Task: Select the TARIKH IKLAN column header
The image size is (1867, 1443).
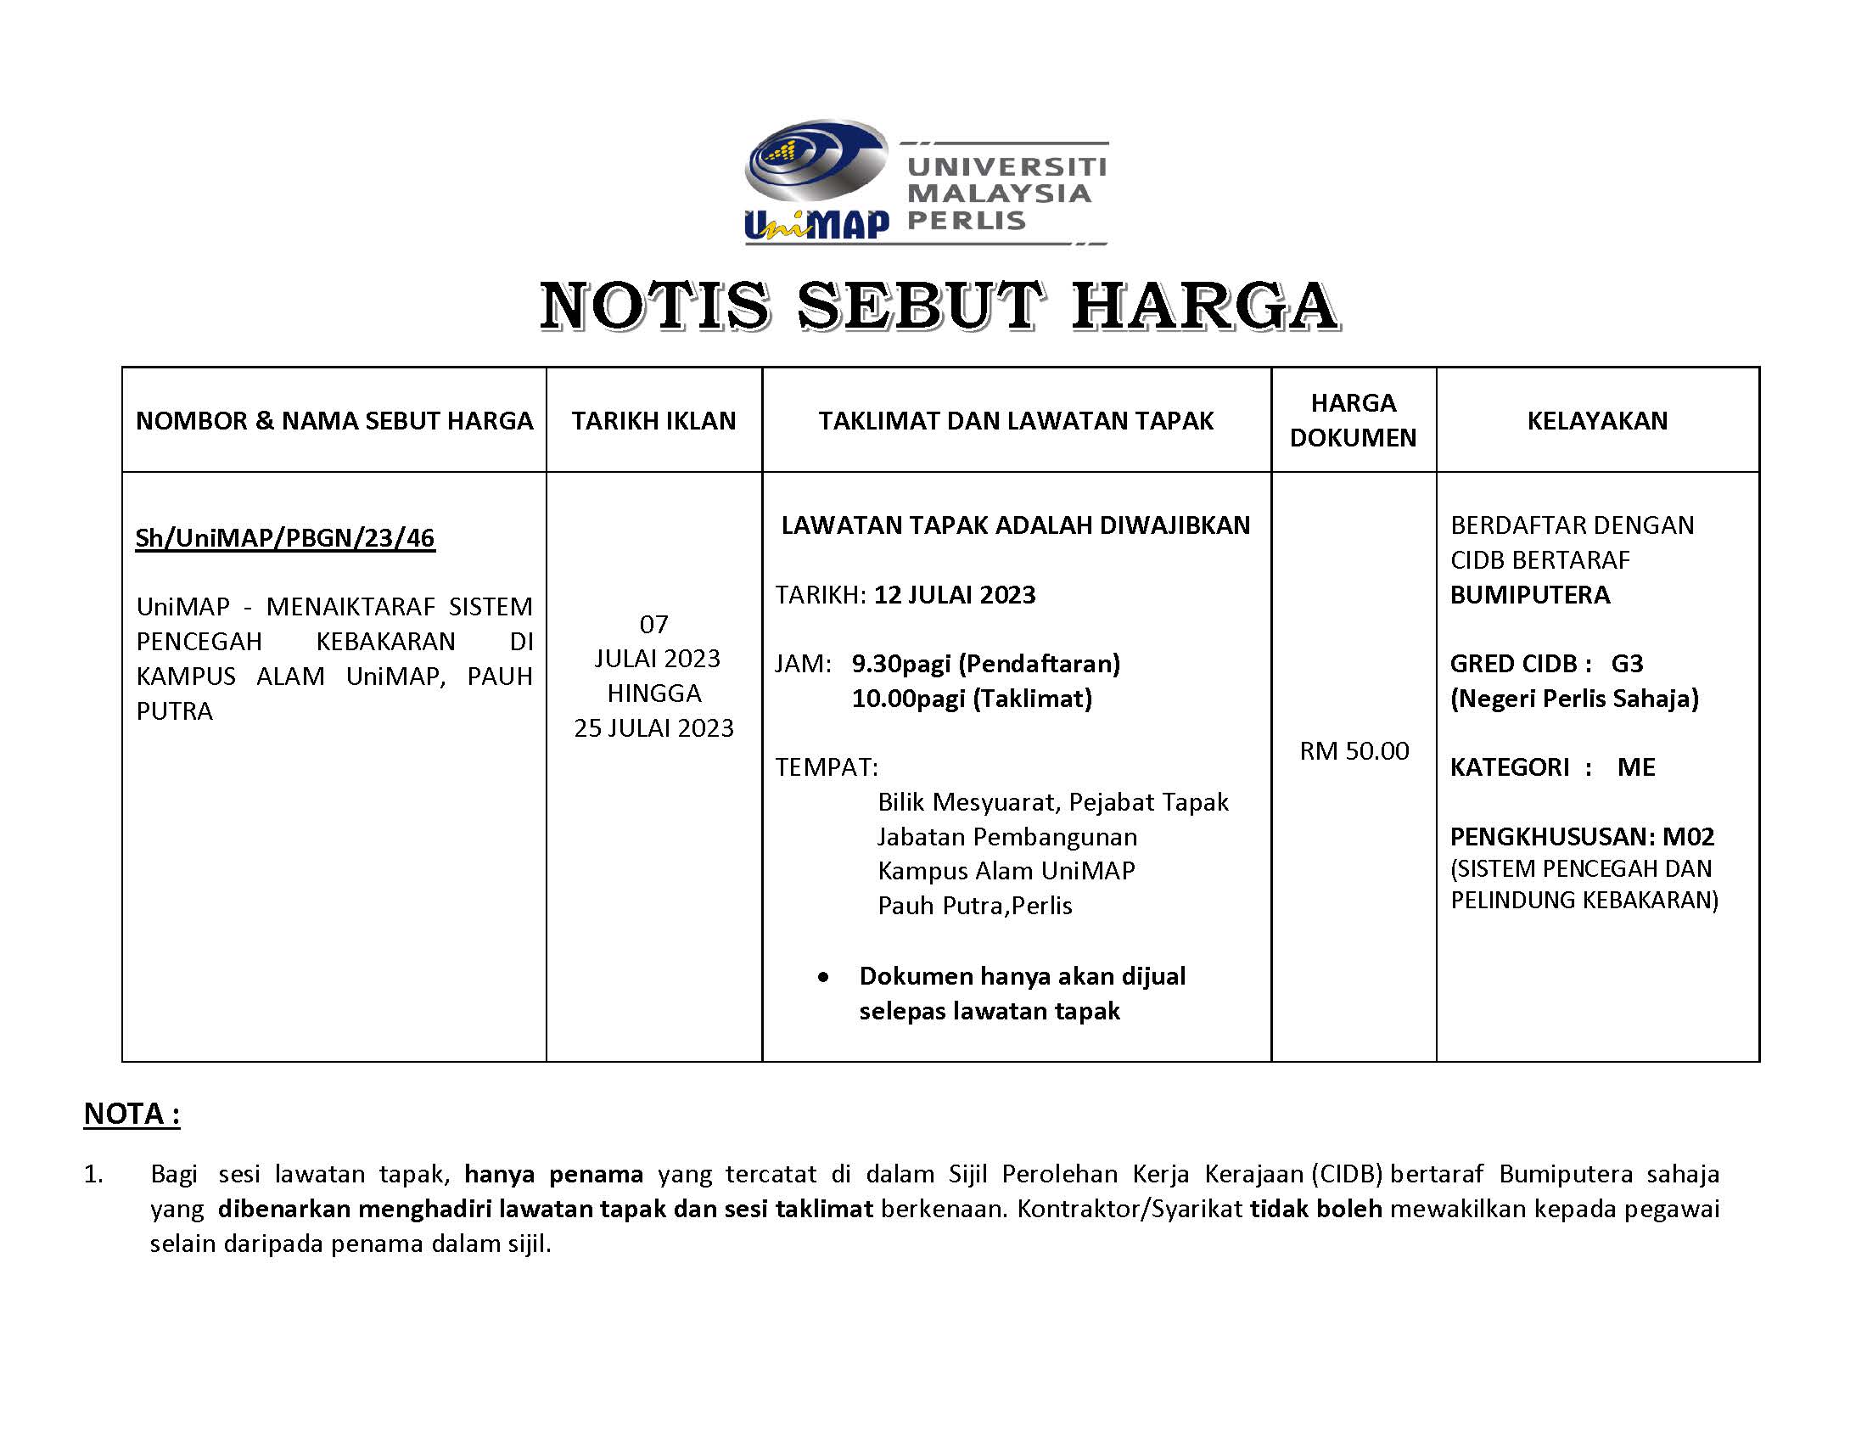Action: (x=653, y=420)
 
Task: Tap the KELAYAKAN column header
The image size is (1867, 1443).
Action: (x=1597, y=420)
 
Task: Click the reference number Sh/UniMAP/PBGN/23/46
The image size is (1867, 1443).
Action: (x=284, y=537)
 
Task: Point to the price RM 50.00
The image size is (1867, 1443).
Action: (x=1354, y=750)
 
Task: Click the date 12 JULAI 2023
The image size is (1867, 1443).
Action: (x=954, y=594)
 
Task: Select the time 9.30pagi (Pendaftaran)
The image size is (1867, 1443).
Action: (x=985, y=664)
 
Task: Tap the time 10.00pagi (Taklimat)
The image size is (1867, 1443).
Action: (x=971, y=699)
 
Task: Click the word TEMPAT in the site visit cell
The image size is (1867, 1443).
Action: (x=825, y=766)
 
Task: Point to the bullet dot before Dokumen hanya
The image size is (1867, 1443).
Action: (x=822, y=976)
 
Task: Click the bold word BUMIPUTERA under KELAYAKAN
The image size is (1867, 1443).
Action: (x=1529, y=594)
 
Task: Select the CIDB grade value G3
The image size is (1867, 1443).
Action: (x=1627, y=664)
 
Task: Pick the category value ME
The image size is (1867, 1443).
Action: (x=1636, y=766)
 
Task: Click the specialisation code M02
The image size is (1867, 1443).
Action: (x=1688, y=836)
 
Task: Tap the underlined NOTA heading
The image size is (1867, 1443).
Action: (x=132, y=1114)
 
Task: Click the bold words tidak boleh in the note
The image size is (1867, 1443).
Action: (x=1315, y=1209)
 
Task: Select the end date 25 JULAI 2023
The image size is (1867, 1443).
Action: (x=653, y=727)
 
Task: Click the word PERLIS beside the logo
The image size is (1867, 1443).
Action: (x=966, y=221)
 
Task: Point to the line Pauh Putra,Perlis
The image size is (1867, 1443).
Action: (x=974, y=906)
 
